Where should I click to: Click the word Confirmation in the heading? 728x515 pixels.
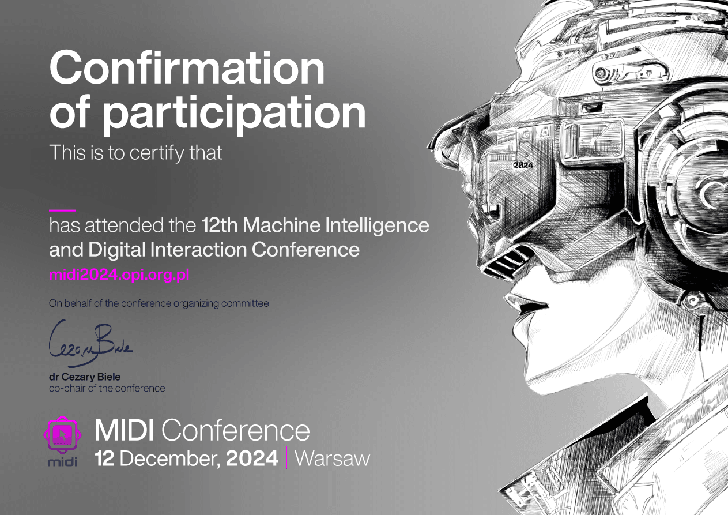click(x=187, y=67)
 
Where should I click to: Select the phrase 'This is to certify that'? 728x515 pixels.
click(x=135, y=153)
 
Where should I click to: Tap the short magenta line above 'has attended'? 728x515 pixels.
click(x=62, y=210)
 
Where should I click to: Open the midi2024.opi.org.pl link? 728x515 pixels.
click(x=119, y=275)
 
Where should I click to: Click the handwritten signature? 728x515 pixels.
click(x=90, y=343)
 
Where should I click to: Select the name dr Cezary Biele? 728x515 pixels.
click(x=85, y=377)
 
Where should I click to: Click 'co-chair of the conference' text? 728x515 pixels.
click(x=107, y=388)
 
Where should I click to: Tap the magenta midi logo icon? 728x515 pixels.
click(x=62, y=435)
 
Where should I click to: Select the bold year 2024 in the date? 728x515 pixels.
click(x=252, y=458)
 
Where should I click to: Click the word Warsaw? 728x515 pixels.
click(x=332, y=458)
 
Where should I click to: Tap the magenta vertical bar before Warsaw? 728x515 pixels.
click(x=286, y=457)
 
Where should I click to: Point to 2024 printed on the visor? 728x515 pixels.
click(x=523, y=165)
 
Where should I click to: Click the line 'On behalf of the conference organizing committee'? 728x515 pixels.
click(x=159, y=303)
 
